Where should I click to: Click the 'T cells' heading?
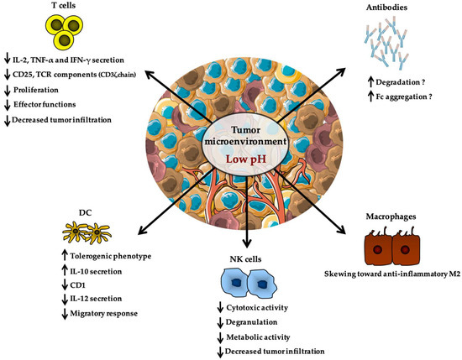point(33,7)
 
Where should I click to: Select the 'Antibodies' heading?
point(388,9)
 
